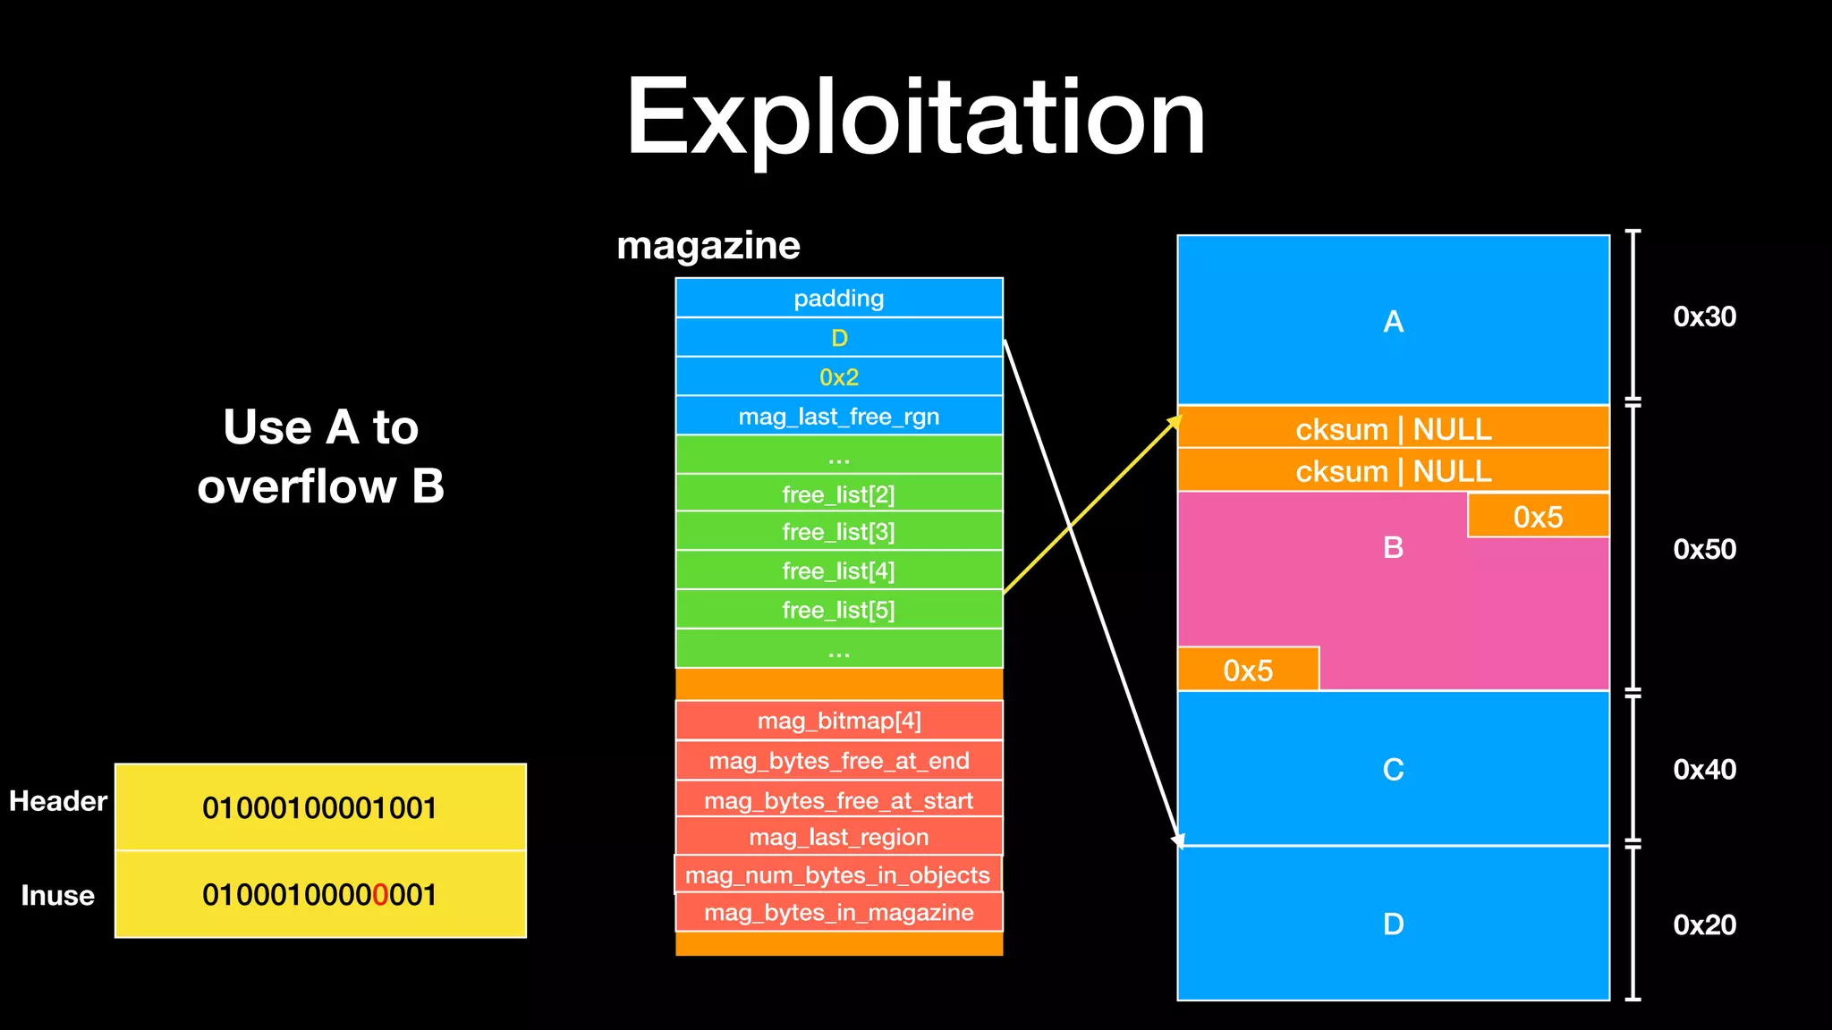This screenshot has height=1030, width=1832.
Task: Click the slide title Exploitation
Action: coord(915,118)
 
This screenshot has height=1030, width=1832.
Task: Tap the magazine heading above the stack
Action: coord(708,245)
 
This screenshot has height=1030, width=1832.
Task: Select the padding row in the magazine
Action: coord(838,298)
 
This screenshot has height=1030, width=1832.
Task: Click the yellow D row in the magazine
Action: coord(838,338)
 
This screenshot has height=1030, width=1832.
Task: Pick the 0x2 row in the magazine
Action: coord(838,376)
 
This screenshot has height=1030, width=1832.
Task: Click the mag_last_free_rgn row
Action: coord(838,416)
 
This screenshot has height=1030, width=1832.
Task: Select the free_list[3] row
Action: coord(838,532)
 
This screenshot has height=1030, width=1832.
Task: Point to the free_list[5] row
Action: coord(838,610)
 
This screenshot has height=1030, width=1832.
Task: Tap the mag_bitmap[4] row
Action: coord(838,721)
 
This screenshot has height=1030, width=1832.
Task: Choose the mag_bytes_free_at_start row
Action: coord(838,800)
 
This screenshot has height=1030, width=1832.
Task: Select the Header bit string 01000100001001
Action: coord(319,807)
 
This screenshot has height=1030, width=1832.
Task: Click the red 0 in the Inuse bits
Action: coord(379,894)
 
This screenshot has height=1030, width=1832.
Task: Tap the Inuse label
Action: coord(57,895)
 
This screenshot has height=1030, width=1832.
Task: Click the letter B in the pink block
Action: coord(1393,547)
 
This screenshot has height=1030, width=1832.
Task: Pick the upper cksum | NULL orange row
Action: coord(1393,428)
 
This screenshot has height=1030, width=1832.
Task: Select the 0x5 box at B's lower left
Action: coord(1248,670)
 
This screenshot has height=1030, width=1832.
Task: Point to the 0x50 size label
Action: coord(1704,549)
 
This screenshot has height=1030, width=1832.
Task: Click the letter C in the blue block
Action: coord(1393,769)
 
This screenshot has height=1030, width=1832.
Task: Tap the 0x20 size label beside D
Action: coord(1704,924)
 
